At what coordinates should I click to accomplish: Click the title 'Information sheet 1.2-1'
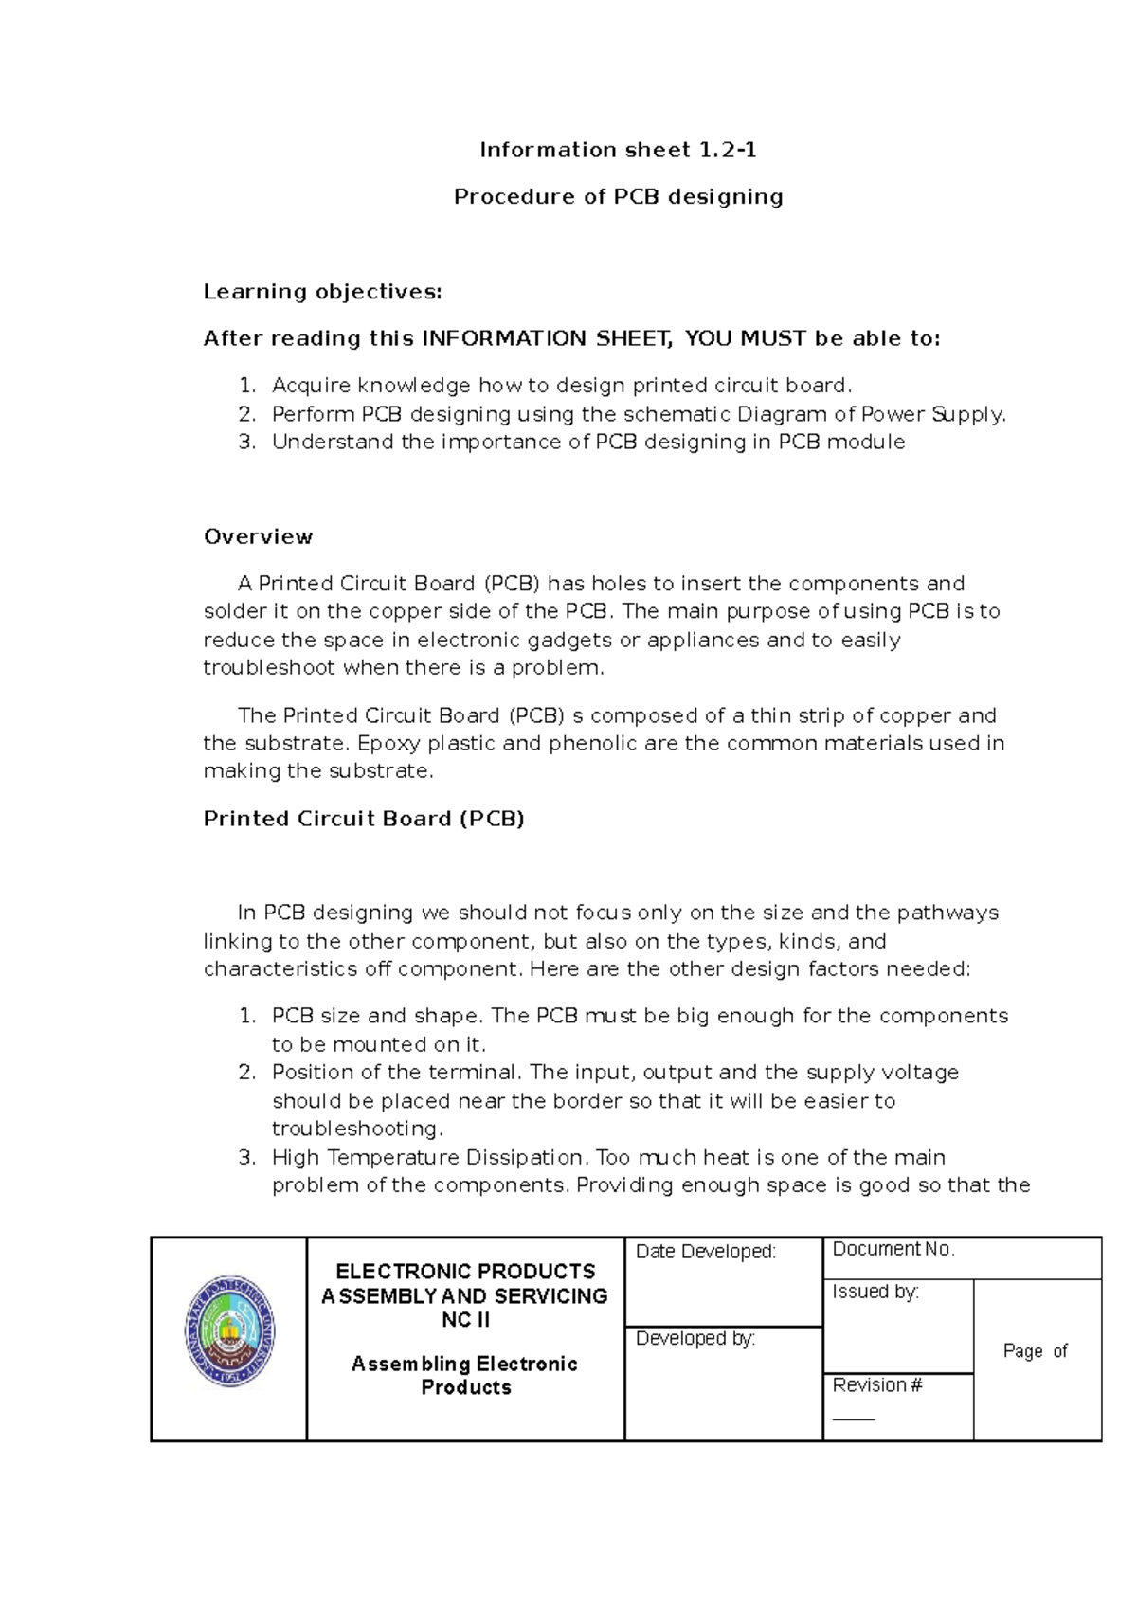(x=618, y=150)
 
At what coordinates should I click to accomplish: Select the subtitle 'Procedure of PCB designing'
(x=618, y=197)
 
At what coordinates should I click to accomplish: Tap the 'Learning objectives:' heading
(x=322, y=292)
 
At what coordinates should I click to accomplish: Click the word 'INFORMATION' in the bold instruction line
(x=504, y=338)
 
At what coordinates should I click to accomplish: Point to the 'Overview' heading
(x=258, y=536)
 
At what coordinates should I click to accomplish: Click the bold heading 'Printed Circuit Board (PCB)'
(x=364, y=819)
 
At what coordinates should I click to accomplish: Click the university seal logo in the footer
(x=229, y=1330)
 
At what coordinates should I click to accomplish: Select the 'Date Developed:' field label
(x=705, y=1252)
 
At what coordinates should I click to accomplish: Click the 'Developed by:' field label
(x=695, y=1338)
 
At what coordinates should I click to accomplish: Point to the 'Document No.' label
(x=893, y=1249)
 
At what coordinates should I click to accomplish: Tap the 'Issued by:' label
(x=875, y=1292)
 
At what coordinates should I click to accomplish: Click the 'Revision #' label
(x=877, y=1385)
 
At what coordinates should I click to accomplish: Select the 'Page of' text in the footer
(x=1035, y=1351)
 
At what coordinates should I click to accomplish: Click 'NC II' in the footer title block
(x=465, y=1320)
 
